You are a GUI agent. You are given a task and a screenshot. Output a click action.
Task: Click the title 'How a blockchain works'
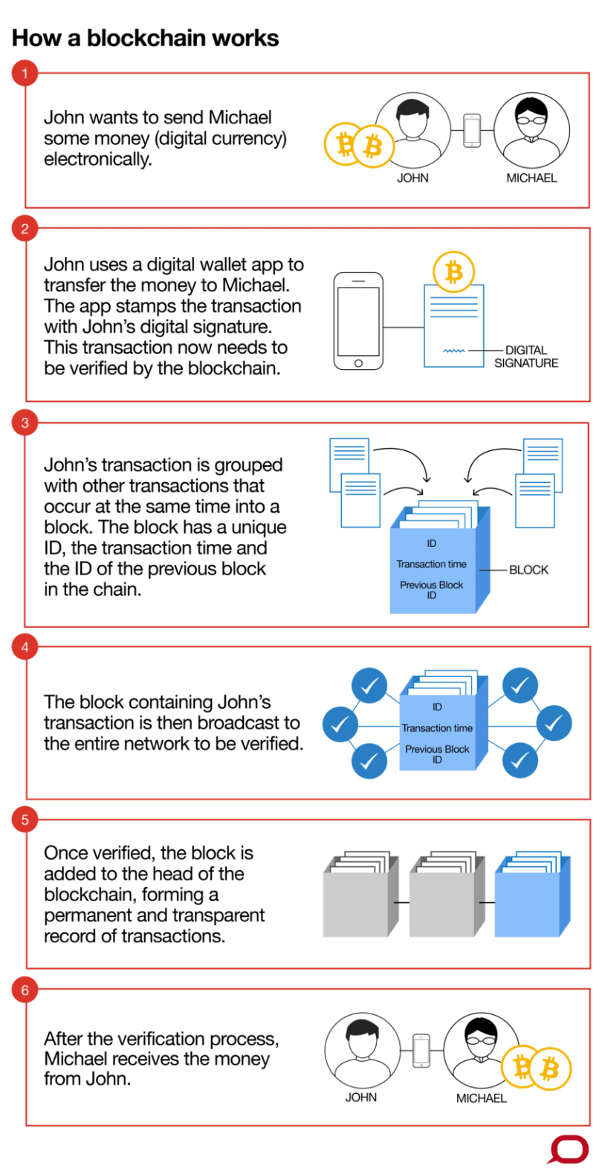click(x=145, y=39)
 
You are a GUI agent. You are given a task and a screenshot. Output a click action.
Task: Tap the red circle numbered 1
click(x=25, y=74)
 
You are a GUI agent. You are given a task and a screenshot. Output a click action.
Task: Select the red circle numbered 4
click(x=25, y=647)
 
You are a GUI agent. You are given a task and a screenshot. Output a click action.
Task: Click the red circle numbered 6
click(x=25, y=990)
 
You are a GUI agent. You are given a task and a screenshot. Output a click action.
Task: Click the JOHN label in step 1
click(x=412, y=178)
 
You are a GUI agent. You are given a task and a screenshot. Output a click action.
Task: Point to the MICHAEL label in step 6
click(x=481, y=1098)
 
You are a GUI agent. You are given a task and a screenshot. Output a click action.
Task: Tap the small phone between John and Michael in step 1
click(x=472, y=131)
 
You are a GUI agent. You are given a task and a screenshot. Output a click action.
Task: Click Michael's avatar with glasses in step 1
click(x=531, y=131)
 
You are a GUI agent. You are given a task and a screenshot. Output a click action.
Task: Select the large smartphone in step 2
click(x=358, y=321)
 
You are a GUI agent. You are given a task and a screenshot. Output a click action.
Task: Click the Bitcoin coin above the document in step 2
click(x=453, y=273)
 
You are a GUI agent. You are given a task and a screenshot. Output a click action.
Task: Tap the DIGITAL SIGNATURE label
click(x=526, y=357)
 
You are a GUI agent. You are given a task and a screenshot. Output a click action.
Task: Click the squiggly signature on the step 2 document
click(x=454, y=351)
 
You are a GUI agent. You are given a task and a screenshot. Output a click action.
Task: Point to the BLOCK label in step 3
click(x=529, y=570)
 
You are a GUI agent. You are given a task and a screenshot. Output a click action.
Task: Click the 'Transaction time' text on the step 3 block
click(x=431, y=564)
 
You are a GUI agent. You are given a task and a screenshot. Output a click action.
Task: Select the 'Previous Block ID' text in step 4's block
click(x=437, y=754)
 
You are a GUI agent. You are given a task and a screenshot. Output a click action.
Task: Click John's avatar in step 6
click(x=362, y=1049)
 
